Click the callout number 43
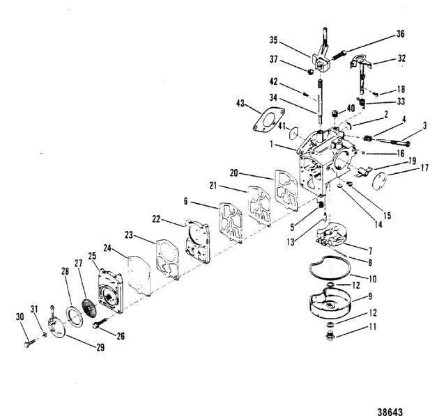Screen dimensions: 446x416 click(x=240, y=104)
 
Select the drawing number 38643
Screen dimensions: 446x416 click(x=390, y=412)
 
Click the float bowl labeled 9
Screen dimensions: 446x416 click(x=330, y=303)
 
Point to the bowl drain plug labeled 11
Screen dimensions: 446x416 click(x=330, y=335)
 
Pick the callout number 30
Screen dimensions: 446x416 click(x=20, y=317)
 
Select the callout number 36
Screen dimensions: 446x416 click(x=400, y=34)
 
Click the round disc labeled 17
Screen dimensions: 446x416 click(x=379, y=181)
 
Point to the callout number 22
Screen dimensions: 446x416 click(x=156, y=219)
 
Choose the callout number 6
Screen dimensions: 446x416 click(x=185, y=201)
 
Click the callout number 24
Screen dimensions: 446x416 click(x=107, y=248)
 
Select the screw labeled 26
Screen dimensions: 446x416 click(x=100, y=323)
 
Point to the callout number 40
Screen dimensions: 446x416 click(x=351, y=109)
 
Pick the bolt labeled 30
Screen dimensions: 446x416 click(x=29, y=343)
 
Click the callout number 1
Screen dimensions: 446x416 click(x=272, y=144)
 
